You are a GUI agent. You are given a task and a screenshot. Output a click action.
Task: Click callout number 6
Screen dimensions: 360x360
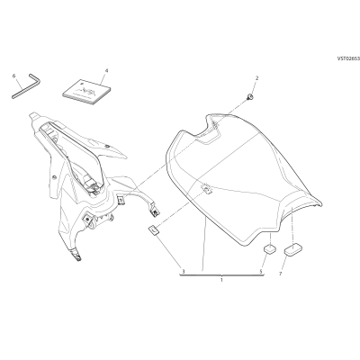(x=13, y=76)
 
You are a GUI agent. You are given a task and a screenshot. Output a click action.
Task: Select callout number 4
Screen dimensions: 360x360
(x=106, y=70)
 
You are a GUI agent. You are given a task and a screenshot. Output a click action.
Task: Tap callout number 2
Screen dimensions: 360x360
(x=256, y=78)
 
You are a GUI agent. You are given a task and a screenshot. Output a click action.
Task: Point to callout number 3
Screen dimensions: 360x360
(x=183, y=271)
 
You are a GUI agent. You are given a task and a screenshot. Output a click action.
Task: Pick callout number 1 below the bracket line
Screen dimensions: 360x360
(x=221, y=280)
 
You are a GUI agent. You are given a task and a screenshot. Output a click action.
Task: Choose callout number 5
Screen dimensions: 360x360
(x=261, y=271)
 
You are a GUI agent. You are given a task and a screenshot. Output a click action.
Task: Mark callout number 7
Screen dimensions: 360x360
(x=281, y=274)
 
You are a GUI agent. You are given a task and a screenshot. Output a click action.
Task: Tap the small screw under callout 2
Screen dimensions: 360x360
(x=249, y=97)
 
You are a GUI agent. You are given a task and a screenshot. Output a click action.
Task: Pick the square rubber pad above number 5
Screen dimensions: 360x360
(x=269, y=248)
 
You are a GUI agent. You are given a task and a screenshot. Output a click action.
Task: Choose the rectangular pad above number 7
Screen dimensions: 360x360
(x=292, y=250)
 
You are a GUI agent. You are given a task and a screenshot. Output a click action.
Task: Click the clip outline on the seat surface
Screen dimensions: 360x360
(x=206, y=189)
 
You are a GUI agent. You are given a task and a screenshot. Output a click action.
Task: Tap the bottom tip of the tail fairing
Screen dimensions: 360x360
(x=78, y=259)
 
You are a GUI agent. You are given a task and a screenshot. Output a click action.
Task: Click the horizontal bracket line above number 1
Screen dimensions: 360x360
(x=221, y=274)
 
